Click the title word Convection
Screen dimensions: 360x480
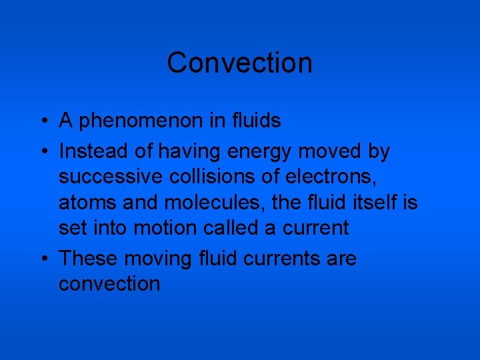[239, 63]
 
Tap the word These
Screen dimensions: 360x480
[89, 258]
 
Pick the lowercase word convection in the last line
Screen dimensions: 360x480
[109, 284]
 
